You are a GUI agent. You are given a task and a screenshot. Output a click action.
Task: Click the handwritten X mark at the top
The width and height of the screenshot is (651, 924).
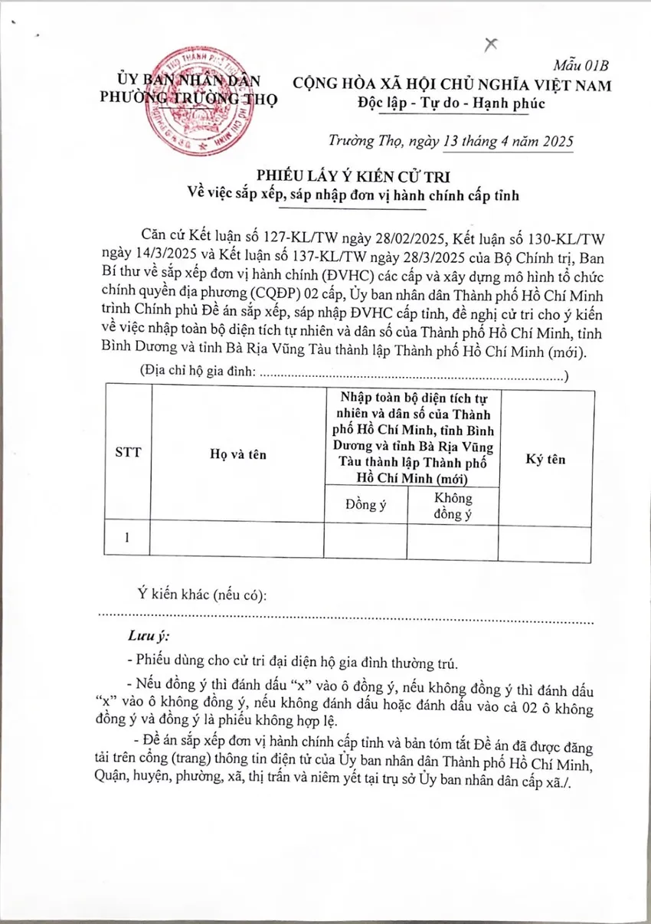point(491,44)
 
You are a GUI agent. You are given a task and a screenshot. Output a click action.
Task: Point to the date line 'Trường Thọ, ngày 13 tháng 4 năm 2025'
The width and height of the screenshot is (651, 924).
point(449,142)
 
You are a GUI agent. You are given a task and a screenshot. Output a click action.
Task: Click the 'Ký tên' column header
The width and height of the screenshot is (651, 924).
point(546,459)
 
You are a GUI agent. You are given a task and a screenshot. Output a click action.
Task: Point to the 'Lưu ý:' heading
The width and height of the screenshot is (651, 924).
point(149,637)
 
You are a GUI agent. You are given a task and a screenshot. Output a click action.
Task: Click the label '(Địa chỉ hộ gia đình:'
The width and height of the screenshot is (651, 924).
point(198,372)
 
